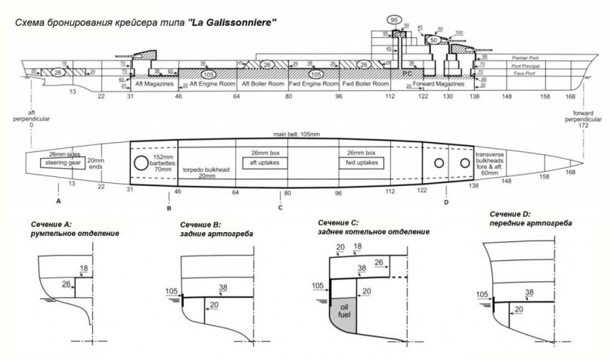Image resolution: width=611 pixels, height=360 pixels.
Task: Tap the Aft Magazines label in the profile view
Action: tap(154, 85)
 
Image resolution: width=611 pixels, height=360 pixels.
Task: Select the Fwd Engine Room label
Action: tap(315, 85)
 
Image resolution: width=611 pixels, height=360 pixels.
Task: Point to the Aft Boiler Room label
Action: tap(262, 85)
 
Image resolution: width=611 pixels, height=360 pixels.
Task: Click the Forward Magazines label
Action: tap(443, 85)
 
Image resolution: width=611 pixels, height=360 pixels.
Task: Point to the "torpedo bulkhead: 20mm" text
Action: tap(206, 175)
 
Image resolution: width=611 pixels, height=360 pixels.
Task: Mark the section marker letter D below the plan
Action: tap(446, 202)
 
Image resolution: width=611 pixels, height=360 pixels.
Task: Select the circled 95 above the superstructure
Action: tap(394, 20)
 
